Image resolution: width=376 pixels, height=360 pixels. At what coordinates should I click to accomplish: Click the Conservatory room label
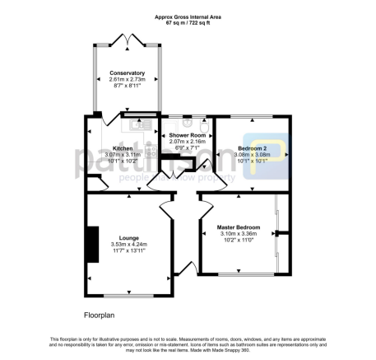pos(127,72)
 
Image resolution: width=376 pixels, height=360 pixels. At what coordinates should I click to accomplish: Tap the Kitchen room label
pos(122,149)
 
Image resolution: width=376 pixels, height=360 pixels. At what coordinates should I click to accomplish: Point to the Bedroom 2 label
pos(248,148)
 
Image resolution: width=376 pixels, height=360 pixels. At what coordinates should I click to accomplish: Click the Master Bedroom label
pos(239,227)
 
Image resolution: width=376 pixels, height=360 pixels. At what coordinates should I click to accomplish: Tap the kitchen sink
pos(135,127)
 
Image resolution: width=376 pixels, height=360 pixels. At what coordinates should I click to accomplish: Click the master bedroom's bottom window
pos(239,273)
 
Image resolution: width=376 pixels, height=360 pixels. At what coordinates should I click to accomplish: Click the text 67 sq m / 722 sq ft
pos(188,22)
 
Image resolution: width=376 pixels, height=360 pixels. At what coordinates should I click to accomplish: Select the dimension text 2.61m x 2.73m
pos(127,79)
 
